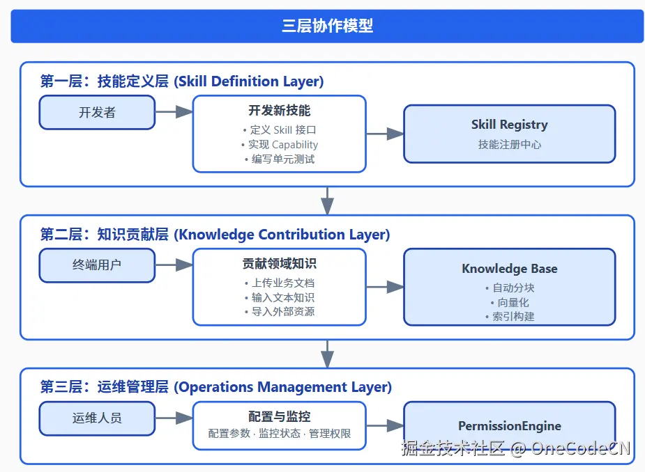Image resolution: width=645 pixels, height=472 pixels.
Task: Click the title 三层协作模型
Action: [327, 26]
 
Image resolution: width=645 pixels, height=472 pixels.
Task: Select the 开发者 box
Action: [97, 112]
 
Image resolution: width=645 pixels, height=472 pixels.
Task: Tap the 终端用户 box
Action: [97, 265]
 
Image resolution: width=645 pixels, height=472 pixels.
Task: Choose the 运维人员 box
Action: [97, 418]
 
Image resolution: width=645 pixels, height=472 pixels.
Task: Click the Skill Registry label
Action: [509, 125]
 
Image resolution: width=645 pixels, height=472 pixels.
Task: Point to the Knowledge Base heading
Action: [509, 269]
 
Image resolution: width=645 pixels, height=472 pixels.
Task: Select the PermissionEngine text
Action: [509, 426]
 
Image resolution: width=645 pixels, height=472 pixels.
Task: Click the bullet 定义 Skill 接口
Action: [279, 130]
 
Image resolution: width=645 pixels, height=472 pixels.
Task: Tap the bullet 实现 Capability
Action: [279, 145]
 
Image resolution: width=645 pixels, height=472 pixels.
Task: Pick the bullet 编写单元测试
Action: [279, 159]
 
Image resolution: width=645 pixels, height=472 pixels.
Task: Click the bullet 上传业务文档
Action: [279, 283]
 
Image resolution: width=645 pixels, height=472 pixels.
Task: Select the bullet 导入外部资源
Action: [279, 312]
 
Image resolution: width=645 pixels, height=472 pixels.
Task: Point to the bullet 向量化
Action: [509, 302]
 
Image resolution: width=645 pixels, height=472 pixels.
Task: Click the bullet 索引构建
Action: [509, 317]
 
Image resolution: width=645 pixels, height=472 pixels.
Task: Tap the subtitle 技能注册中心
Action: [509, 145]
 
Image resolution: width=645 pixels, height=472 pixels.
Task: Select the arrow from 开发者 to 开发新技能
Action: [174, 112]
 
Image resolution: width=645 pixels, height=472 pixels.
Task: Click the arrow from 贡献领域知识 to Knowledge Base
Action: [385, 287]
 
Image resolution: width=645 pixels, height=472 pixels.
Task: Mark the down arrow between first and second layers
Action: [327, 200]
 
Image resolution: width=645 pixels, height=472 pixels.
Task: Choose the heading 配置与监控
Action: [279, 417]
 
